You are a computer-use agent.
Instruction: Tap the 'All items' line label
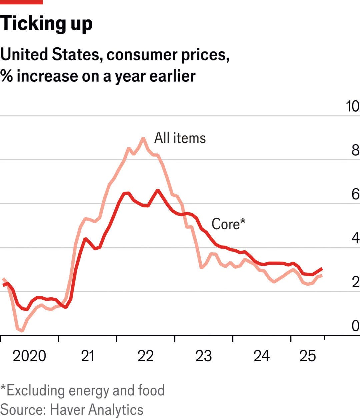point(180,138)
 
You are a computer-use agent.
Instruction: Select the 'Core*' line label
point(228,224)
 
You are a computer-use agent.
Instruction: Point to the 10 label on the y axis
point(353,106)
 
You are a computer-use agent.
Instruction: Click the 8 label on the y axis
point(355,150)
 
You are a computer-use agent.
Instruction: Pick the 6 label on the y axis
point(355,194)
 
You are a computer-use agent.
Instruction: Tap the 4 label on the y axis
point(355,238)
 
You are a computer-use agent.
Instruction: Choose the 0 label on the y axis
point(355,326)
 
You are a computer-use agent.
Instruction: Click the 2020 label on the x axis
point(29,356)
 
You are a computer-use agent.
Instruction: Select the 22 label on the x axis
point(146,356)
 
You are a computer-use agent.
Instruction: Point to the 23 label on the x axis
point(204,356)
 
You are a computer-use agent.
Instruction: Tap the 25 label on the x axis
point(307,356)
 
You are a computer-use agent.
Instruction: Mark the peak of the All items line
point(143,138)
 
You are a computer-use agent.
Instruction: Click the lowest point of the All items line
point(22,331)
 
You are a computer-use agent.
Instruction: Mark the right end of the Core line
point(322,269)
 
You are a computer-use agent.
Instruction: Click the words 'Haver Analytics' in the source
point(97,409)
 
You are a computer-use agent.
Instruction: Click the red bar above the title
point(21,2)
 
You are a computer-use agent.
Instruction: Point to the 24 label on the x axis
point(262,356)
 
